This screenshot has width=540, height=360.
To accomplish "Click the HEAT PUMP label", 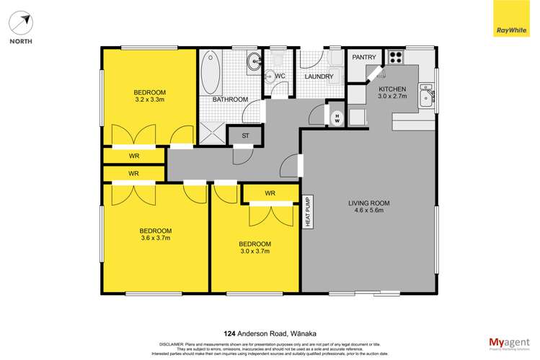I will [x=307, y=213].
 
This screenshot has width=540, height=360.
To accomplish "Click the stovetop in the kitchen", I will [x=397, y=56].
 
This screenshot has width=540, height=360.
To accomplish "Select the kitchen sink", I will [x=426, y=96].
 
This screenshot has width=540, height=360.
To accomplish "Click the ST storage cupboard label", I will [x=245, y=135].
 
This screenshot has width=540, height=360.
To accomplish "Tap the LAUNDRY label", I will [x=318, y=76].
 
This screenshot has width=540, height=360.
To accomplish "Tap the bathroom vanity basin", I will [x=254, y=62].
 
